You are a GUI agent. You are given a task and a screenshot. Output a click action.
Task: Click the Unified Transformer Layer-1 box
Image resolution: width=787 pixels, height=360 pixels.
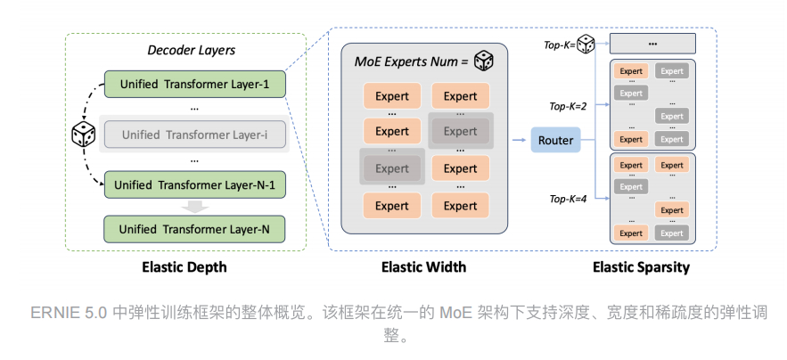point(194,85)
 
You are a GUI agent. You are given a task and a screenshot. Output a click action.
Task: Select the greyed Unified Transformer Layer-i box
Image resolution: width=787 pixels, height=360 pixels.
point(194,135)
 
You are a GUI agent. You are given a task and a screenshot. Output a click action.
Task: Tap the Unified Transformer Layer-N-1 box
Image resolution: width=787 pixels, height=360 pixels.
point(194,186)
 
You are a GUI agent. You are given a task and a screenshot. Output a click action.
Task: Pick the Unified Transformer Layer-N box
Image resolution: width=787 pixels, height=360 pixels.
point(194,229)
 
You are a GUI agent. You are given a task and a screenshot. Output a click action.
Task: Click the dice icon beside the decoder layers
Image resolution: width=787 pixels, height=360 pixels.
point(83,135)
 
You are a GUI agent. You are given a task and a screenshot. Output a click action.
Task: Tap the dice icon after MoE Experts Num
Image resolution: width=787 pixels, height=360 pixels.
point(483,61)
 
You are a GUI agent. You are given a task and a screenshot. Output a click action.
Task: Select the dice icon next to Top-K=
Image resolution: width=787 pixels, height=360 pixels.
point(586,43)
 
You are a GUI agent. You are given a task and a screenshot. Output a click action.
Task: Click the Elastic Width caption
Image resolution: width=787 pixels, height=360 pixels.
point(423,266)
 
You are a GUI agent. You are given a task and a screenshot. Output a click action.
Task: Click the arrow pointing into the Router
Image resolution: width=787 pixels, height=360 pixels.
point(519,140)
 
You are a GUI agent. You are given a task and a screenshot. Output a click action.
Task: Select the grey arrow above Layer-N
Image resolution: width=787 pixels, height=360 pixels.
point(194,208)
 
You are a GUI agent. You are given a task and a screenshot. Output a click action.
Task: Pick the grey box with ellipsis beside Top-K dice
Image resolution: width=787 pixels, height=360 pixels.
point(652,43)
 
